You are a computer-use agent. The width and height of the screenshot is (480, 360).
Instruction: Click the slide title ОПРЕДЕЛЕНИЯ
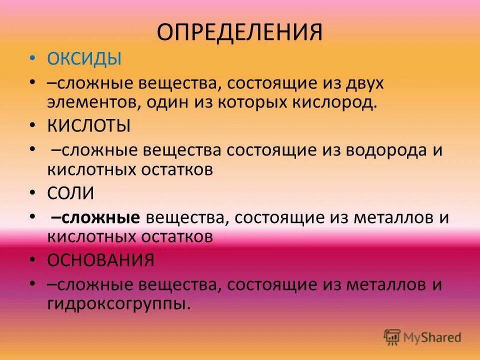coord(240,31)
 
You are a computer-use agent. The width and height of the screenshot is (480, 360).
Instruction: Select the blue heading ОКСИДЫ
coord(84,59)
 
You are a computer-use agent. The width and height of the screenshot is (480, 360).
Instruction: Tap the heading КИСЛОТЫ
coord(89,126)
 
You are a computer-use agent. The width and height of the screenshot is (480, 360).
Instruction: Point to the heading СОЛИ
coord(71,193)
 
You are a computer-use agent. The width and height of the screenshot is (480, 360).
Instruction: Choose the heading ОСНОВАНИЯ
coord(100,260)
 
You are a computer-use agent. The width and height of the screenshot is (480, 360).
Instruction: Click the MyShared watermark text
coord(432,338)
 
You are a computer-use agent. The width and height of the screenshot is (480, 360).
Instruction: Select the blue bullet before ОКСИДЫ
coord(32,59)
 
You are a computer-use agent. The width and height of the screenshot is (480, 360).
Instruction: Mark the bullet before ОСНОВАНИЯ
coord(32,260)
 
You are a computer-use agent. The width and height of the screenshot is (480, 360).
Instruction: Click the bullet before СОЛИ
coord(32,193)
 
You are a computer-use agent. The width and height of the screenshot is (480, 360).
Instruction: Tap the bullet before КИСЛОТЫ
coord(32,126)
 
